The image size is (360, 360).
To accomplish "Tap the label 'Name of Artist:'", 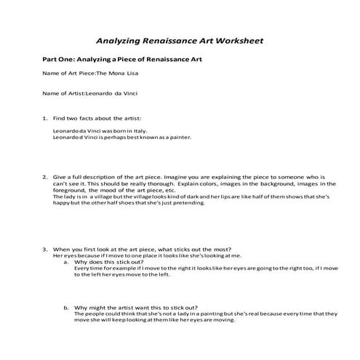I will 64,94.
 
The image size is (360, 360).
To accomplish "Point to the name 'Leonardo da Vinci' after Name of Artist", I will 112,94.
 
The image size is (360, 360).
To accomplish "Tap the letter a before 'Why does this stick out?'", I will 65,262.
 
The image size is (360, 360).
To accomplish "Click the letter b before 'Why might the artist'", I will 65,307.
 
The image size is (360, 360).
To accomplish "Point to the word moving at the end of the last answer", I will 223,320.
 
